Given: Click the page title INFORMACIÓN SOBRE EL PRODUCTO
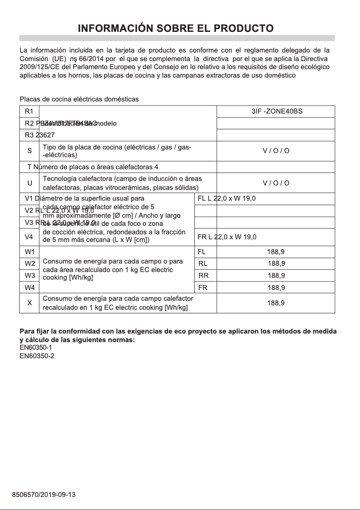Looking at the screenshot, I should [176, 29].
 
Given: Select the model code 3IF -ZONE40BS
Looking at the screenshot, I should [277, 111].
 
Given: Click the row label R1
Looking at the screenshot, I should [29, 111].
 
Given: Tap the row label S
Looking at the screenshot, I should [29, 151].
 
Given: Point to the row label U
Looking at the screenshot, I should [29, 183].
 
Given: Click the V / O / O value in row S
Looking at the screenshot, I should [276, 151].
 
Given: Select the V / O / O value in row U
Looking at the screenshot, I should [276, 183].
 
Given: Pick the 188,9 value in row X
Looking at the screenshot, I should [276, 303].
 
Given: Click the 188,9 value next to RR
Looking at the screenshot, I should [276, 276].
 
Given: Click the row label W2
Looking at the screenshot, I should [30, 264].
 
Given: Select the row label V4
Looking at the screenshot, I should [29, 237].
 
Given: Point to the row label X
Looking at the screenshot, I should [29, 303].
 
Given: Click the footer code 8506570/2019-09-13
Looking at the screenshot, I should [44, 495].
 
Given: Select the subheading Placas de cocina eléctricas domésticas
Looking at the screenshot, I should [79, 99].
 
